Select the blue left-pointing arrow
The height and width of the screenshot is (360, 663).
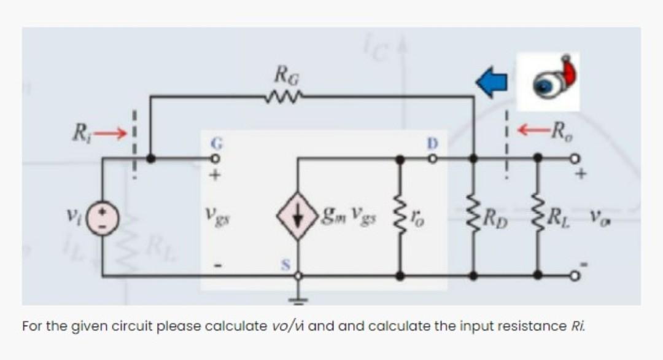click(492, 84)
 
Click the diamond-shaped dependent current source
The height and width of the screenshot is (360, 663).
click(298, 216)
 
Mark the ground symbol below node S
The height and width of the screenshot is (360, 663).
click(298, 300)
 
